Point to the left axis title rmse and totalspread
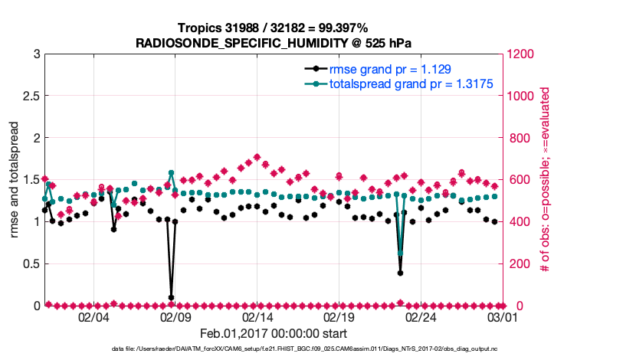click(x=15, y=179)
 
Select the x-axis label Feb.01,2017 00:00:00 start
click(x=274, y=333)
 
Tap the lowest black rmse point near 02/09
click(x=171, y=297)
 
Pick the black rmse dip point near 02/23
click(x=400, y=273)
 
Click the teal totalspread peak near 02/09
click(x=171, y=173)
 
